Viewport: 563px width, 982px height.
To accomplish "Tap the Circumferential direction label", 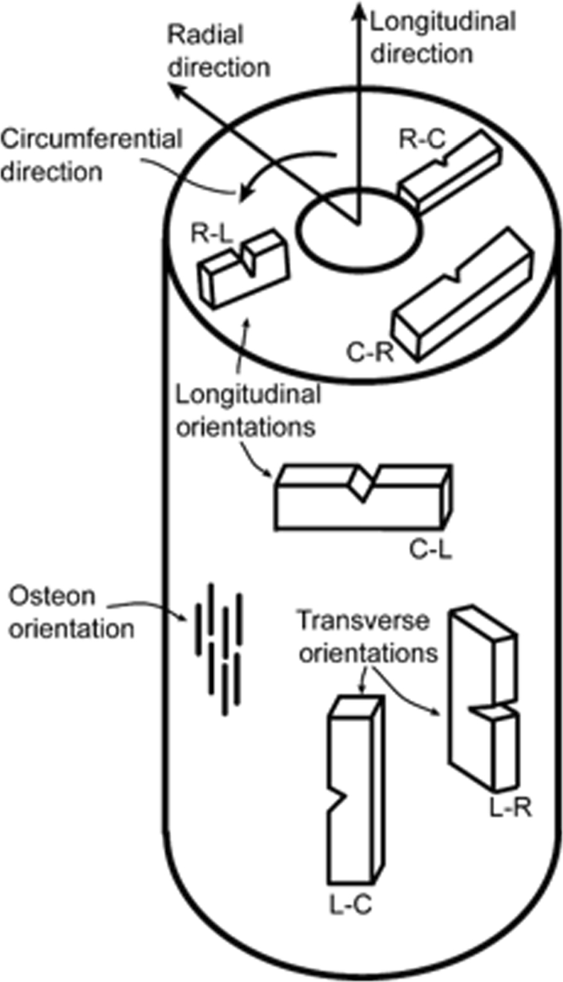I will pyautogui.click(x=90, y=155).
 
